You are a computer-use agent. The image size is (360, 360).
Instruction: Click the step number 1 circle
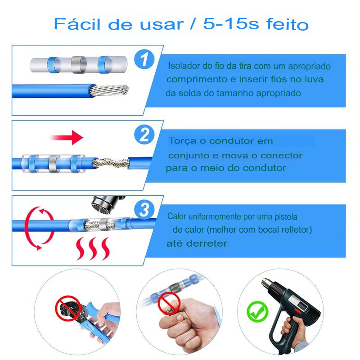coord(144,59)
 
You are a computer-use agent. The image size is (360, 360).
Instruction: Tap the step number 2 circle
coord(144,135)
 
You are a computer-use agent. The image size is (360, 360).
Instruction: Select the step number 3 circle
coord(144,209)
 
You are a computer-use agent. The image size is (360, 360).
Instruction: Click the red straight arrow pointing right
coord(67,138)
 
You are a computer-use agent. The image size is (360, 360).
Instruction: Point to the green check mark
coord(257,311)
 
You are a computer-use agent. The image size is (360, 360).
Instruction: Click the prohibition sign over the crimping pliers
coord(68,308)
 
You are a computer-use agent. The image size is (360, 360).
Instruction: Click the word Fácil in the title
coord(77,24)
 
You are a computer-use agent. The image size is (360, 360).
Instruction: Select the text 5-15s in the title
coord(231,24)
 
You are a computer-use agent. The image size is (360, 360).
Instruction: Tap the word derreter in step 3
coord(207,243)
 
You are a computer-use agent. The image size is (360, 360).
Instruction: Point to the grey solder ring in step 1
coord(79,65)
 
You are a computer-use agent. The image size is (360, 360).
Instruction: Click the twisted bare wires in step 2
coord(111,162)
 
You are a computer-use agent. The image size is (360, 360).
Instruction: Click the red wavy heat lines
coord(93,249)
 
